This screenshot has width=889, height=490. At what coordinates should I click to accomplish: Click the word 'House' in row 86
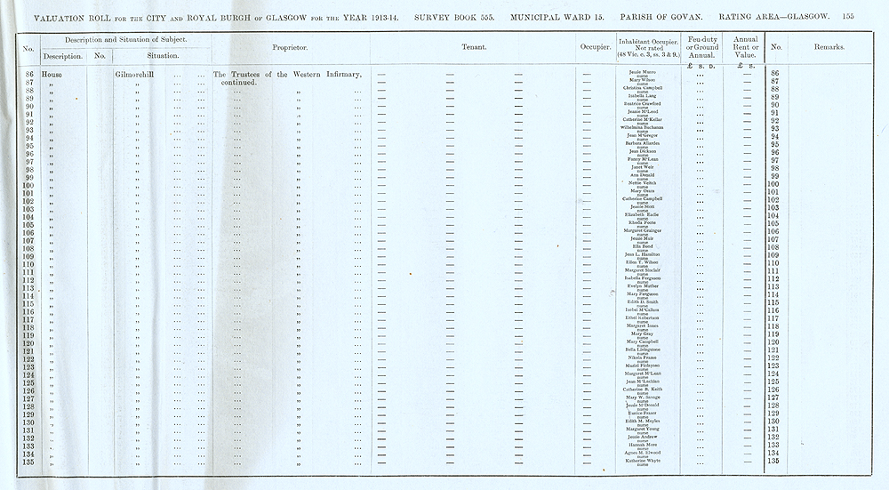pos(54,74)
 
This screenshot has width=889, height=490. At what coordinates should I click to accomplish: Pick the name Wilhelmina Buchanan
pos(642,127)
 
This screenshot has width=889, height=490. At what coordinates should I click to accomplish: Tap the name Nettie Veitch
pos(642,183)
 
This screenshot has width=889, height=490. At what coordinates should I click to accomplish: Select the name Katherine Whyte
pos(642,461)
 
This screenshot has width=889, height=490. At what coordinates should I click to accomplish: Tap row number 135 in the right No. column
pos(773,461)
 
